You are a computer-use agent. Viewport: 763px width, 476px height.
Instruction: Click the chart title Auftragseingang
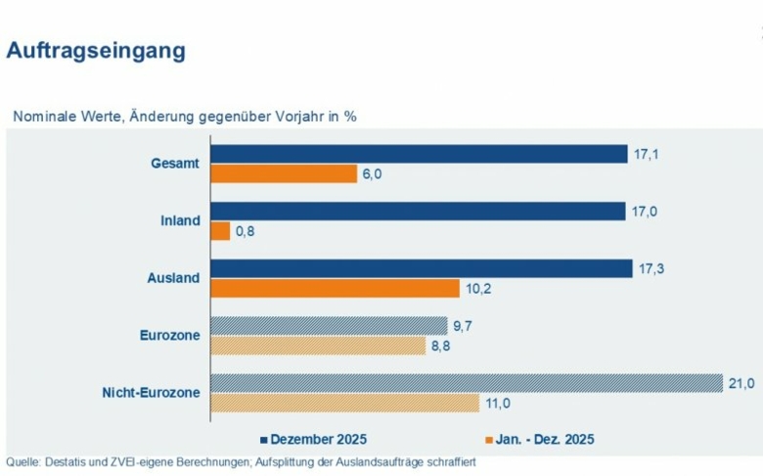pyautogui.click(x=96, y=51)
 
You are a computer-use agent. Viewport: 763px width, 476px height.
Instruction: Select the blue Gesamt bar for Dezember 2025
pyautogui.click(x=420, y=154)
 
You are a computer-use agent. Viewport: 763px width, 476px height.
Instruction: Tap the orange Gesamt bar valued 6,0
pyautogui.click(x=285, y=173)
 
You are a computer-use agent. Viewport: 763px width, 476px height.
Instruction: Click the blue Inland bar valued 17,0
pyautogui.click(x=419, y=212)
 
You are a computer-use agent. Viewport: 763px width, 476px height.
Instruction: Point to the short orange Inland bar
pyautogui.click(x=221, y=231)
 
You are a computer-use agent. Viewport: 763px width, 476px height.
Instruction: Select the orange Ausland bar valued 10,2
pyautogui.click(x=336, y=288)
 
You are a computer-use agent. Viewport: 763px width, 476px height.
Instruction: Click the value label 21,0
pyautogui.click(x=743, y=383)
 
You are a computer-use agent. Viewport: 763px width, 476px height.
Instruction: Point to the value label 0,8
pyautogui.click(x=245, y=232)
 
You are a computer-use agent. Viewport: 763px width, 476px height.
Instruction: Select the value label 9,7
pyautogui.click(x=463, y=325)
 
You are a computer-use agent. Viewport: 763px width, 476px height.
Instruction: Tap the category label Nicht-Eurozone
pyautogui.click(x=151, y=393)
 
